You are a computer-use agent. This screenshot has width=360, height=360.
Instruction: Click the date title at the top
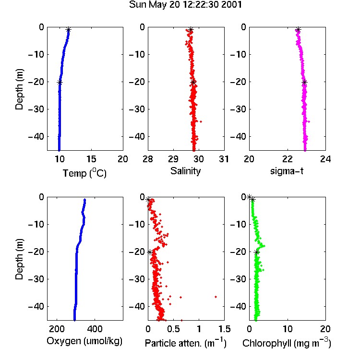[x=185, y=5]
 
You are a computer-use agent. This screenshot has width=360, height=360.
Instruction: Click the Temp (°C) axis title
[x=84, y=173]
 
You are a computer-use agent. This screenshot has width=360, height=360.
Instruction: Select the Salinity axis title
[x=185, y=171]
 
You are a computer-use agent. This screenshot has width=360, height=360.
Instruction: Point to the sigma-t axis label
[x=287, y=171]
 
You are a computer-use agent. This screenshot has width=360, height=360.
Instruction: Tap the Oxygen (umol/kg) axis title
[x=84, y=341]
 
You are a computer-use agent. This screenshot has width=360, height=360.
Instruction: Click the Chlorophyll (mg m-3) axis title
[x=287, y=343]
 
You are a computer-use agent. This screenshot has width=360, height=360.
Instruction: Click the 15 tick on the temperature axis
[x=91, y=159]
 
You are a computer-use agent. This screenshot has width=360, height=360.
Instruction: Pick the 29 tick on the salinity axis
[x=173, y=159]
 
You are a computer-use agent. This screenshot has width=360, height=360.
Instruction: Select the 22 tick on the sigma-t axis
[x=288, y=159]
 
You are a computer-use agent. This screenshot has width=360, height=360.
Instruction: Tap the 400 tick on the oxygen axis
[x=95, y=329]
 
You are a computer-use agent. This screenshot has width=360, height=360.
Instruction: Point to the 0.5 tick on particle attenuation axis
[x=173, y=329]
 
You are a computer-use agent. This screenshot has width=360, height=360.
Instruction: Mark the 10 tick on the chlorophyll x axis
[x=288, y=329]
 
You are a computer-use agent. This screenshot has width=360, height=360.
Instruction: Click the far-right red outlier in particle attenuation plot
[x=216, y=297]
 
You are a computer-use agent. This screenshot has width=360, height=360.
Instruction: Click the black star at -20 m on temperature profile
[x=60, y=83]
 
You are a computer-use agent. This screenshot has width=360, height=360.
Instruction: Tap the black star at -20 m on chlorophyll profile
[x=257, y=252]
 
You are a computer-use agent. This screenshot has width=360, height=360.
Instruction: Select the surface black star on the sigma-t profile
[x=298, y=30]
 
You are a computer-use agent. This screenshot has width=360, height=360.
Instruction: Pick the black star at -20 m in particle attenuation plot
[x=150, y=252]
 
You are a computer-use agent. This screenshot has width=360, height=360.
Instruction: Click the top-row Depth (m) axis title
[x=19, y=89]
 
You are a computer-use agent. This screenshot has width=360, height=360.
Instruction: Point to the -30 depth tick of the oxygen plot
[x=36, y=279]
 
